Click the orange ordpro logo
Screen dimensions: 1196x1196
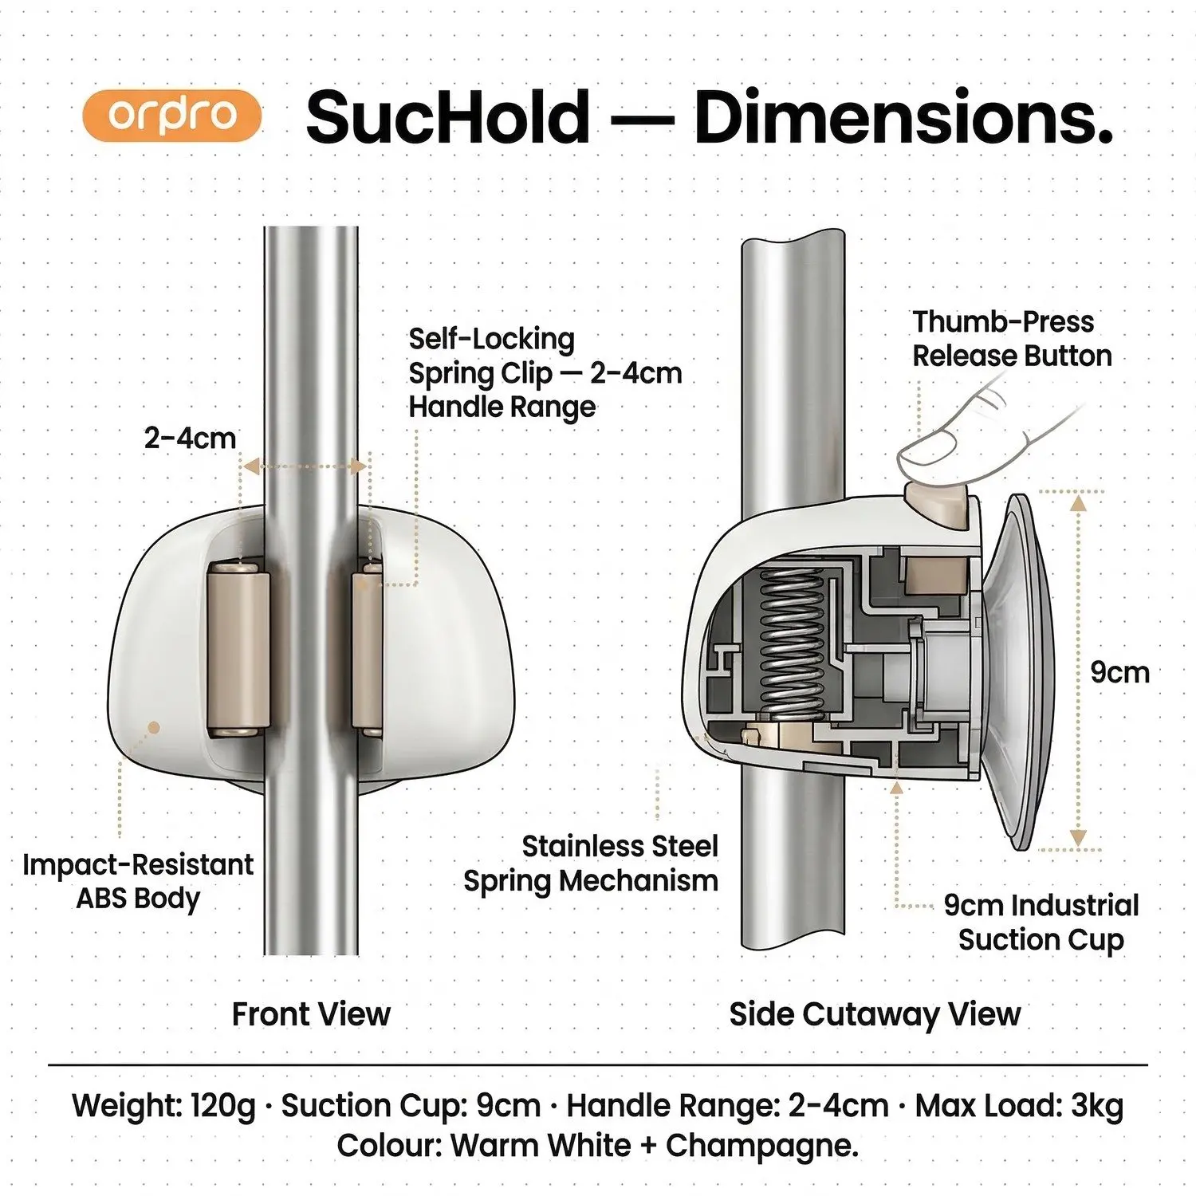point(172,116)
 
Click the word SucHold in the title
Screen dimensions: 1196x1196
point(447,117)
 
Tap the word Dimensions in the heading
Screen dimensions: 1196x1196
point(903,117)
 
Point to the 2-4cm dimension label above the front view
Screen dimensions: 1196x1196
point(190,438)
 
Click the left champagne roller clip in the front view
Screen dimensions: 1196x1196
point(238,647)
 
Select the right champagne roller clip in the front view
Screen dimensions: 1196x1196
point(368,647)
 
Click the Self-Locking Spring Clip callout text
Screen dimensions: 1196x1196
point(545,372)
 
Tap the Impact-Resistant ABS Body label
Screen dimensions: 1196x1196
point(138,881)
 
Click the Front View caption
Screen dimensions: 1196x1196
point(311,1014)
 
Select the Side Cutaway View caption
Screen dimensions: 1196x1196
point(875,1014)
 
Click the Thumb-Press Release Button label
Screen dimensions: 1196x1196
point(1011,338)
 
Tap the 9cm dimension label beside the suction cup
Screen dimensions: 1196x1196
point(1119,672)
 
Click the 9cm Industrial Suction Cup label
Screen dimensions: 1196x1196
point(1041,923)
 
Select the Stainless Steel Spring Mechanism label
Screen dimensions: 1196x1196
point(591,864)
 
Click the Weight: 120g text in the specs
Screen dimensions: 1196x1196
point(163,1106)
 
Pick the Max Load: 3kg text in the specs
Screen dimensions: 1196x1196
point(1019,1106)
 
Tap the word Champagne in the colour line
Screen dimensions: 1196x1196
point(761,1146)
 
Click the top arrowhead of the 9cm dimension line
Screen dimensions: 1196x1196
point(1078,502)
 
